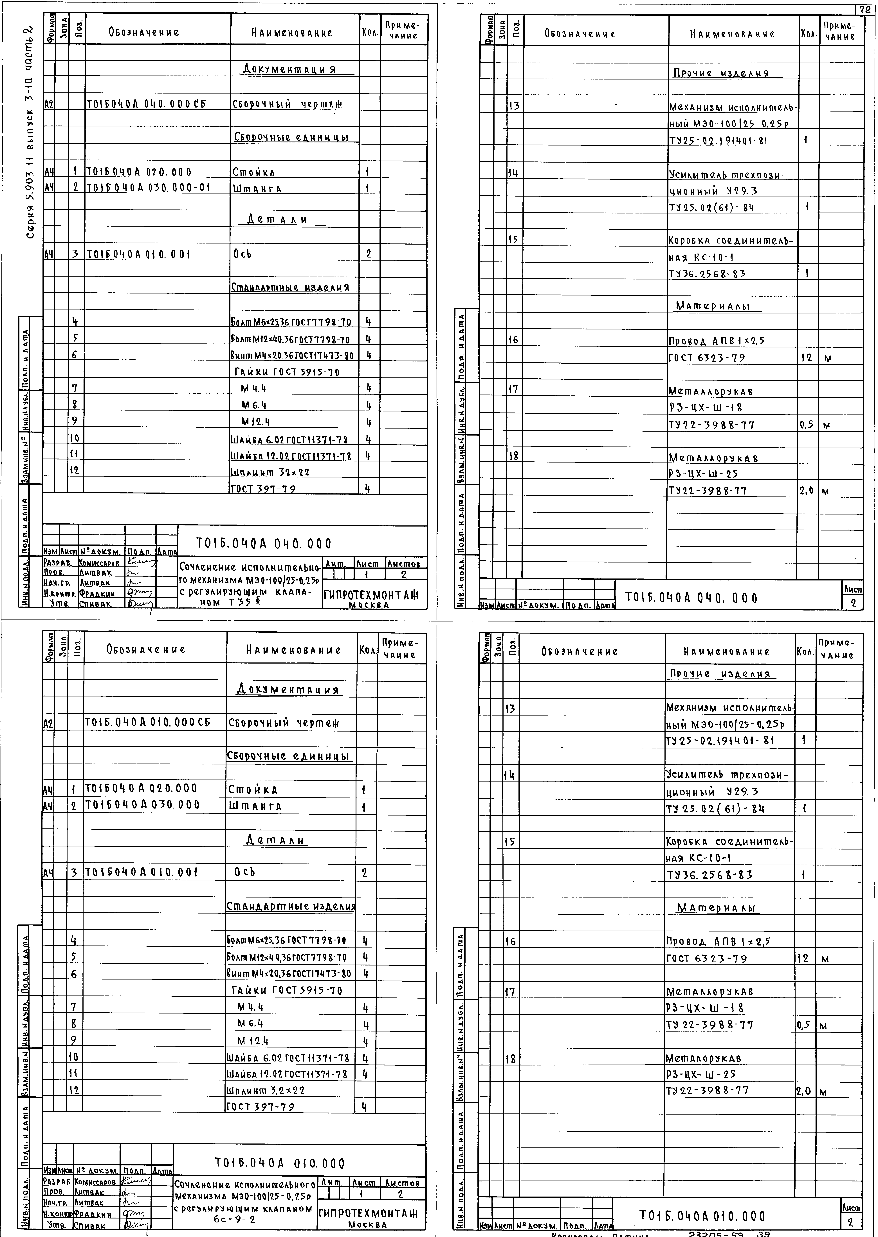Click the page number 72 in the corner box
[x=867, y=9]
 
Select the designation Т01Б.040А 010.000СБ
[x=147, y=723]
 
